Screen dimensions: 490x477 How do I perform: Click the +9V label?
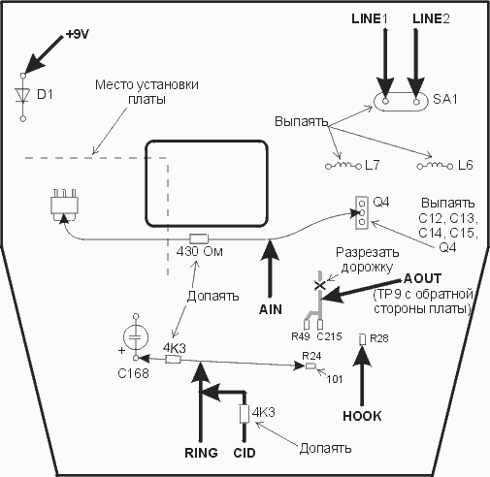point(77,34)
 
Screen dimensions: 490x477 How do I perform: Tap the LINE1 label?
point(370,19)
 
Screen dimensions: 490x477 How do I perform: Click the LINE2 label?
point(431,19)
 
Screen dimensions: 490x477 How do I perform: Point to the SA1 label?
point(445,99)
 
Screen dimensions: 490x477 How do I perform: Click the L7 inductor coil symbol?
point(343,166)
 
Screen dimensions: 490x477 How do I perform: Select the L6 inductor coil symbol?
point(435,166)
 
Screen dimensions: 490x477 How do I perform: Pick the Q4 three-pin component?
point(362,212)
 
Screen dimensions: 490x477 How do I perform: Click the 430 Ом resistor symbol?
point(199,239)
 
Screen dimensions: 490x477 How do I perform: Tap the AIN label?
point(271,309)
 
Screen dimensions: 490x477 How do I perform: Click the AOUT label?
point(422,278)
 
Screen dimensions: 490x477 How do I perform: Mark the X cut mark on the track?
point(320,285)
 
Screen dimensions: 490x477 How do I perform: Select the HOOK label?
point(362,416)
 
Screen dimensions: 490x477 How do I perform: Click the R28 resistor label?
point(378,338)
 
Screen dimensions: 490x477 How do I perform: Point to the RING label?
point(201,453)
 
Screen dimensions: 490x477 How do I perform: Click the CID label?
point(245,453)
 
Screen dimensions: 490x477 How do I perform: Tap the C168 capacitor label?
point(133,373)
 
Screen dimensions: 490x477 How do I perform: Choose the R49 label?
point(301,336)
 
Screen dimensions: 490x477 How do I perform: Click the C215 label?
point(329,336)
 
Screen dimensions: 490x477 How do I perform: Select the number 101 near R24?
point(335,379)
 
